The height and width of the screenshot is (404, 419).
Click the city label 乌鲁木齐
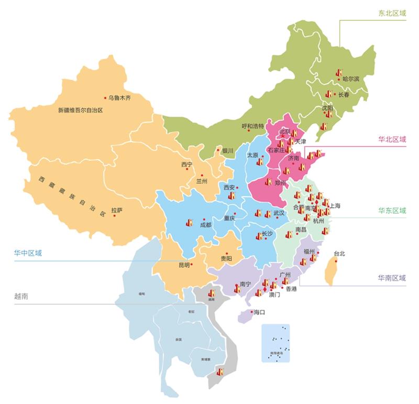[119, 97]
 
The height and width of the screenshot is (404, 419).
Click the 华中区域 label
[28, 253]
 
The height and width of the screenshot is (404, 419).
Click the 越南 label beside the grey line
[21, 296]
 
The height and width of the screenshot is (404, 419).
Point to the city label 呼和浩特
[253, 126]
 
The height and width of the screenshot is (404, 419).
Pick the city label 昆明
[184, 265]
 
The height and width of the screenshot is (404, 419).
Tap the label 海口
[259, 312]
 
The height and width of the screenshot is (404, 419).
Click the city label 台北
[339, 254]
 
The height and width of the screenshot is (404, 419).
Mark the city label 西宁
[187, 165]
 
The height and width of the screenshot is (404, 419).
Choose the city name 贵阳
[226, 258]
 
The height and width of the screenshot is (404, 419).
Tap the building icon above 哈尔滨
[339, 72]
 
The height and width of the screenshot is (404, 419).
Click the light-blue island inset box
[275, 343]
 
